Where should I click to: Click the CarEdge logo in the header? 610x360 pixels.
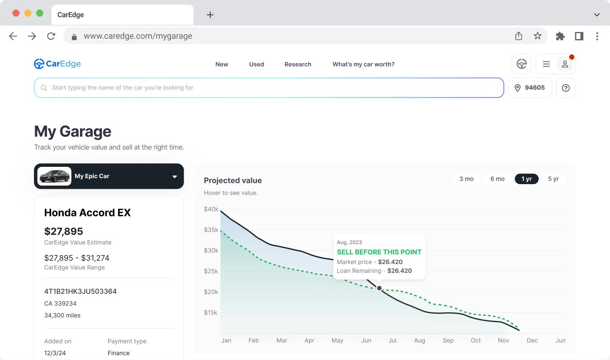pos(57,64)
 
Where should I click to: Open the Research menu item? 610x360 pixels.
pos(298,64)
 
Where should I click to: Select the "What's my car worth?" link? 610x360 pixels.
pos(363,64)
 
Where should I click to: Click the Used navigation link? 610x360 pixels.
pos(256,64)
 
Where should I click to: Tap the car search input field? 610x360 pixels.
pos(269,88)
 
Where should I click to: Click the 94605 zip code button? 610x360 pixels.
pos(530,88)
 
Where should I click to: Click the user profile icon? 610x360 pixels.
pos(565,64)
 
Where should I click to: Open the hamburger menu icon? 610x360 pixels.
pos(546,64)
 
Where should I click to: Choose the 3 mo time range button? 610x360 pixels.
pos(466,179)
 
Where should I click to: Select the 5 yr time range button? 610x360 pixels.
pos(553,179)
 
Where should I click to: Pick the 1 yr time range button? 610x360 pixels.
pos(526,179)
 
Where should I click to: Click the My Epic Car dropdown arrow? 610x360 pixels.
pos(175,177)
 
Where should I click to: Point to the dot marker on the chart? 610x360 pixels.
pos(379,288)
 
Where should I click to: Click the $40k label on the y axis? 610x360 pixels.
pos(211,209)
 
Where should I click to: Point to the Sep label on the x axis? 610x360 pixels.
pos(448,340)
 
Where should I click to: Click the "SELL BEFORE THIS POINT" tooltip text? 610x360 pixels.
pos(379,252)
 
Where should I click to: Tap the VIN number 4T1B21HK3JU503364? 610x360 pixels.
pos(80,291)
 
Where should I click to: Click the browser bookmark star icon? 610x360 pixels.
pos(537,36)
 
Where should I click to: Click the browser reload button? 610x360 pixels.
pos(51,36)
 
